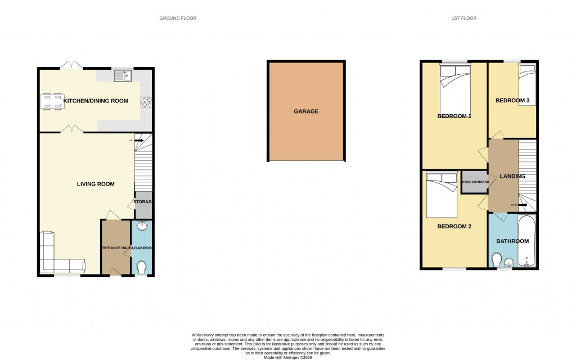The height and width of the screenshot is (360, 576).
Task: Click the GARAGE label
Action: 306,111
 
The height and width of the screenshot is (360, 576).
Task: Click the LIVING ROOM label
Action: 96,184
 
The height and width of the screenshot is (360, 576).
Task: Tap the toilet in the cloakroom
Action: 141,266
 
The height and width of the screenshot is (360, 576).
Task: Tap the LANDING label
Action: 512,176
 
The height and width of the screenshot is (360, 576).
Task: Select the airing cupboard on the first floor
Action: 475,182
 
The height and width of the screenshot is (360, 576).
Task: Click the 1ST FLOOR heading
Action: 463,18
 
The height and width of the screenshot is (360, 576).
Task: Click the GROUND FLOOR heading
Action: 178,18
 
